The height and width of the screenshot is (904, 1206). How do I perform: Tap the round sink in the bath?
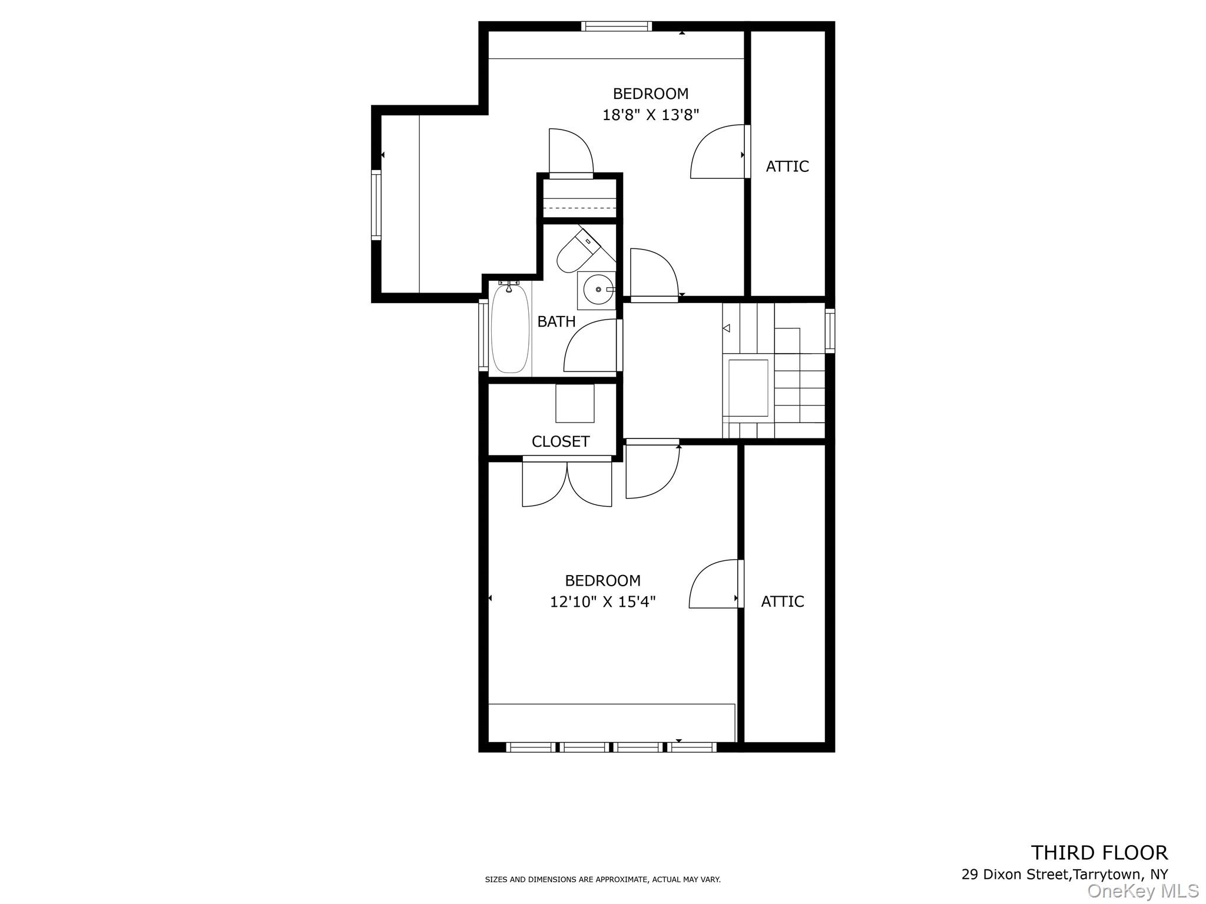tap(597, 290)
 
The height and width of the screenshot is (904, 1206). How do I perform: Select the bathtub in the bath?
tap(510, 328)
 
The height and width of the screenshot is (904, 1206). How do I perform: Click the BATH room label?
tap(556, 322)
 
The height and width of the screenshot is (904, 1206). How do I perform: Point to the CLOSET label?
tap(560, 441)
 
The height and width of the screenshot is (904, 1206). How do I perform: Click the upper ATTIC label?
tap(787, 167)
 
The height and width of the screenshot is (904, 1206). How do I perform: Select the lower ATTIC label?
tap(782, 601)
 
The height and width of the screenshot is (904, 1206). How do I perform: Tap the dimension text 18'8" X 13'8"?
tap(650, 115)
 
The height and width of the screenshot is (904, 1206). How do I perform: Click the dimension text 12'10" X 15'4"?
tap(602, 602)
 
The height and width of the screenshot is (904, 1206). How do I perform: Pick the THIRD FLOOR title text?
tap(1099, 853)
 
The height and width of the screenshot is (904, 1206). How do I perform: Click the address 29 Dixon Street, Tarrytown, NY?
tap(1064, 875)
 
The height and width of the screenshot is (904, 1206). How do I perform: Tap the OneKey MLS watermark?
tap(1142, 892)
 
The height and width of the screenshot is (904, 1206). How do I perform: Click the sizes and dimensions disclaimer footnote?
tap(602, 879)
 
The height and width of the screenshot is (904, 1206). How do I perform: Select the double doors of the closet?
tap(566, 483)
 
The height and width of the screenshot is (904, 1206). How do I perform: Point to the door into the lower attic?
tap(714, 584)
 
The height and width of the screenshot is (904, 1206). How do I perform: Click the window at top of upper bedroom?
tap(617, 26)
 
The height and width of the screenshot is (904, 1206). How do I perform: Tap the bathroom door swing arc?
tap(589, 347)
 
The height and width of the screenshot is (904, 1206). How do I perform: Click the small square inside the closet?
tap(575, 403)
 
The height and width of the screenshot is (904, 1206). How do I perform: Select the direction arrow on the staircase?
tap(726, 328)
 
